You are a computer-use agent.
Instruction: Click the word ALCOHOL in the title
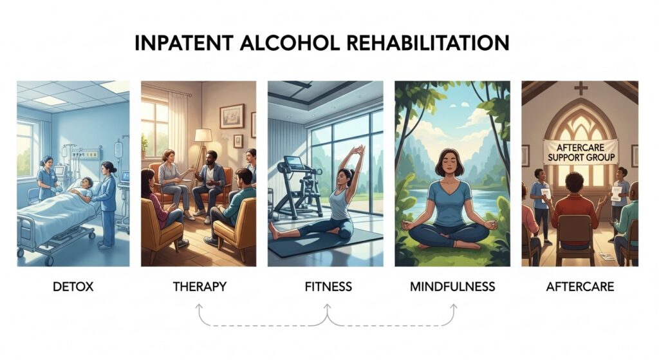point(290,43)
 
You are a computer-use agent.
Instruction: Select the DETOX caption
point(73,287)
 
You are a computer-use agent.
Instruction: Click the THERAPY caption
point(200,287)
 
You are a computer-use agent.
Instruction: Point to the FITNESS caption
point(328,287)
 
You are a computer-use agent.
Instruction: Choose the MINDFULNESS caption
point(452,287)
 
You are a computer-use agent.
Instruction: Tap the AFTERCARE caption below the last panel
point(580,287)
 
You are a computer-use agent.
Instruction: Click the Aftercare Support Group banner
point(580,152)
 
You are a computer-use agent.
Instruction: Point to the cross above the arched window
point(581,88)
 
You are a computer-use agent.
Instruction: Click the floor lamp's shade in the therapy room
point(203,135)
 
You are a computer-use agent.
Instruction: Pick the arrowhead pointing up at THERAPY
point(199,307)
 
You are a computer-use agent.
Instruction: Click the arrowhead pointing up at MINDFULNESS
point(453,307)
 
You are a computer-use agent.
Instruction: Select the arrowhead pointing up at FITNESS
point(328,307)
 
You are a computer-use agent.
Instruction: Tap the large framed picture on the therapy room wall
point(232,116)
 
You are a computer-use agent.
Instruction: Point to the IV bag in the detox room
point(118,149)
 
